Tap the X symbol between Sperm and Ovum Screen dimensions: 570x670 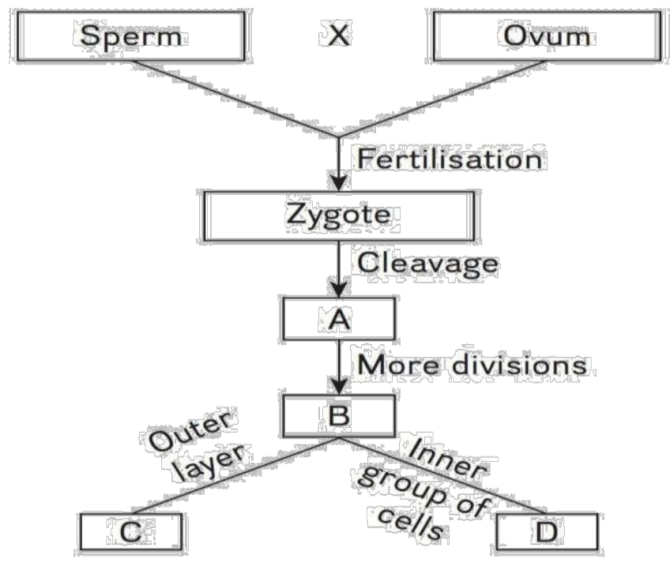337,35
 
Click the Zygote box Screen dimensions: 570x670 339,216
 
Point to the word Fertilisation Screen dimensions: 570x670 450,159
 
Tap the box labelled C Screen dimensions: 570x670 130,533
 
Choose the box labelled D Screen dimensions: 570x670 546,533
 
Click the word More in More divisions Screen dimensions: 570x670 395,366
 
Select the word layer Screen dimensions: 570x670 216,465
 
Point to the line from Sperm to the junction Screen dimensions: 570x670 237,98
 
